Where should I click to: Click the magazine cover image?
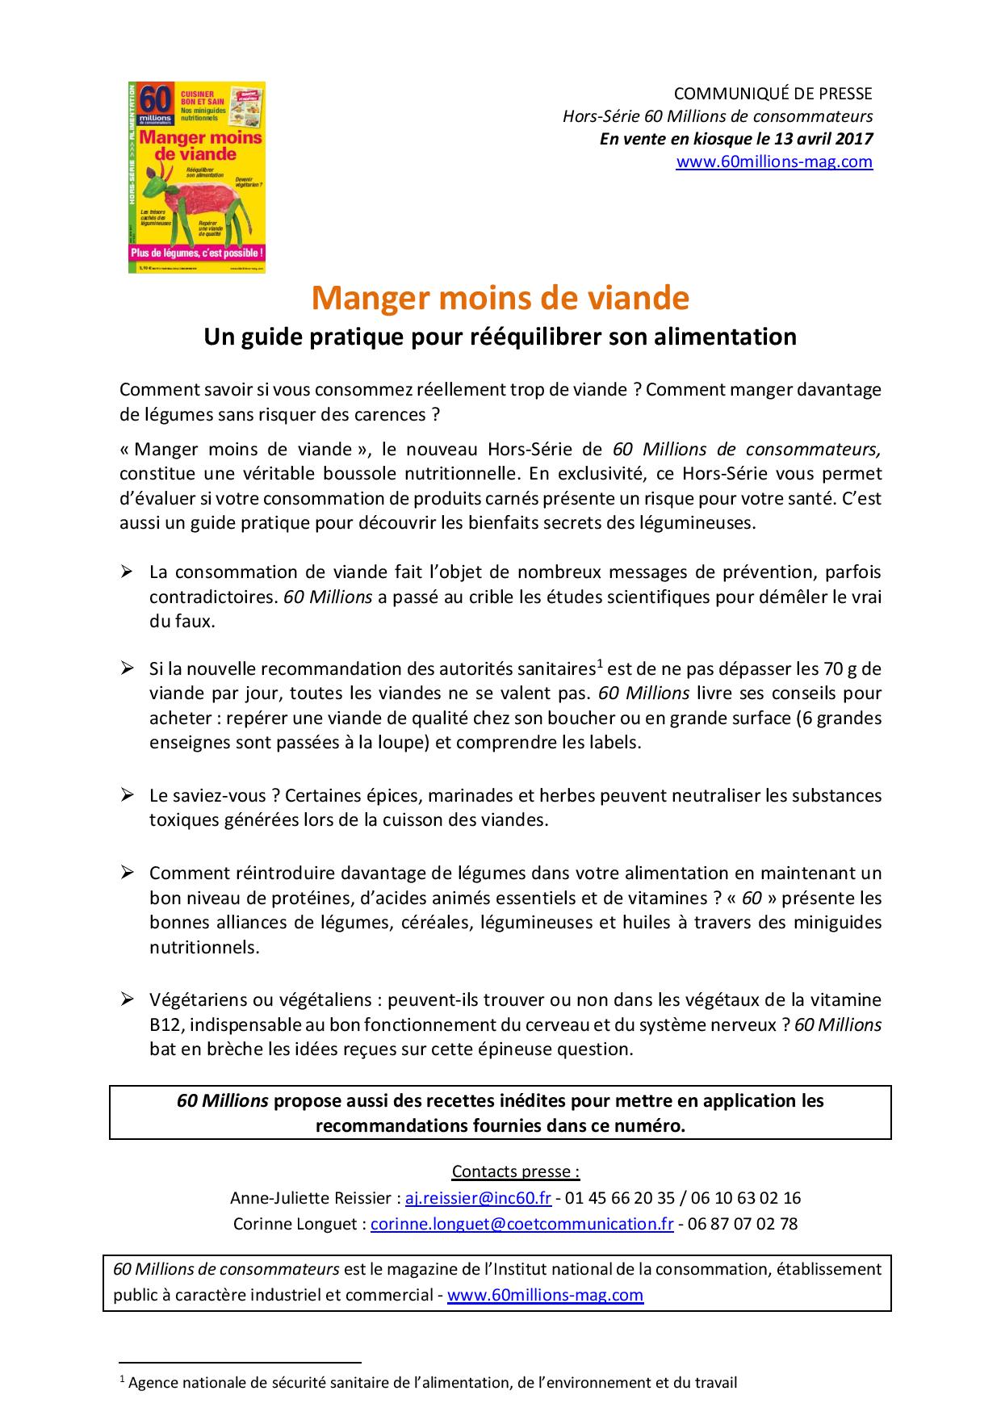point(197,177)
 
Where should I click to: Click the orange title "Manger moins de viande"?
point(500,298)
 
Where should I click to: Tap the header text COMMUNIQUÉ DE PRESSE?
point(773,94)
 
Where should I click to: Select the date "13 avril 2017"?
point(823,138)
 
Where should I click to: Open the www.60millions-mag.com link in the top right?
point(773,161)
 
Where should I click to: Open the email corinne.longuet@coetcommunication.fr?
point(521,1223)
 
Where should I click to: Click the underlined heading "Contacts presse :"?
point(516,1171)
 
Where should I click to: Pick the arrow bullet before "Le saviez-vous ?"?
point(127,794)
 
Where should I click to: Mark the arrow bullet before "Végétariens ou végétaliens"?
point(127,999)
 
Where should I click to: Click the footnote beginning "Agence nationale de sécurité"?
point(433,1382)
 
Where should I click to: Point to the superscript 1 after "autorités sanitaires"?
point(600,664)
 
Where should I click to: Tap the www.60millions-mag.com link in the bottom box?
point(545,1295)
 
